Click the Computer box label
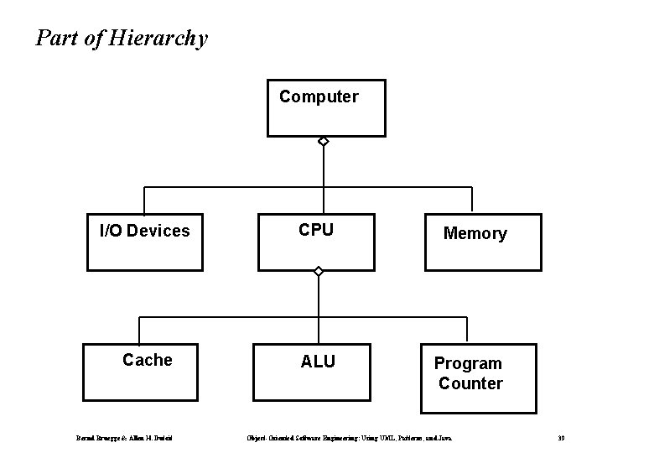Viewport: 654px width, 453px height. (319, 96)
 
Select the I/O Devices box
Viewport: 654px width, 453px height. (145, 243)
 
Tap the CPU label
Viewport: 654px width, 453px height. (317, 230)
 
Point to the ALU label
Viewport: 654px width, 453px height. (318, 362)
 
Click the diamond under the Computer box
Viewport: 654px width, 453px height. (323, 143)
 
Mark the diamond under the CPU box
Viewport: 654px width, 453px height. (318, 272)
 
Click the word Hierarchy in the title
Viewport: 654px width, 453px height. (158, 39)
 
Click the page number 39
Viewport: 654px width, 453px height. (561, 438)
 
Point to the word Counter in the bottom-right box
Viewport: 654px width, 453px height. (470, 383)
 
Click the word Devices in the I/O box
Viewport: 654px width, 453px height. (163, 231)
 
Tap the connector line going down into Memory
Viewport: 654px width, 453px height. (472, 200)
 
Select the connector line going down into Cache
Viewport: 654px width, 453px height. (139, 331)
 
